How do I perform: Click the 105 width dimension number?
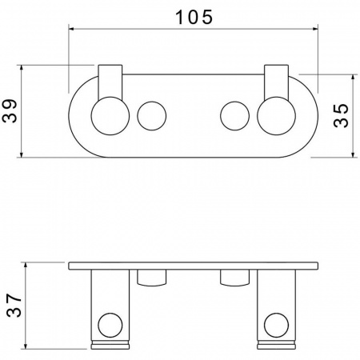[194, 17]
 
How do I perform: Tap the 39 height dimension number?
[10, 111]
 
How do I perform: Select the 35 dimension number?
[341, 115]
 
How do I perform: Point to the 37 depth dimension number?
[14, 306]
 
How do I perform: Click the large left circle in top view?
[110, 116]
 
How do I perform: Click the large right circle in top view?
[276, 116]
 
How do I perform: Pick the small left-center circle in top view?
[152, 116]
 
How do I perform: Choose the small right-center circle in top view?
[235, 116]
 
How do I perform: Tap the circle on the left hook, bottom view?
[110, 326]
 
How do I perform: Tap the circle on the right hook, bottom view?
[276, 326]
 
